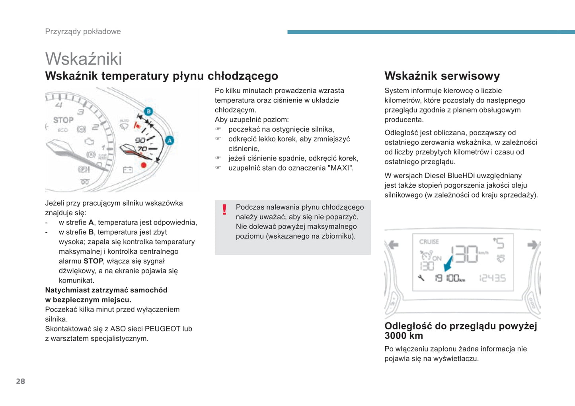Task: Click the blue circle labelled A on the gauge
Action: click(x=170, y=140)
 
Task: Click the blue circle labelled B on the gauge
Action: click(x=148, y=111)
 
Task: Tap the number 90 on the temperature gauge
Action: click(x=140, y=140)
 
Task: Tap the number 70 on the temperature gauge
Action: click(x=142, y=149)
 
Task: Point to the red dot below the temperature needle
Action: click(x=144, y=165)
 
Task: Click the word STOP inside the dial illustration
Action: click(x=63, y=120)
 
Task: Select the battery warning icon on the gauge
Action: click(x=127, y=170)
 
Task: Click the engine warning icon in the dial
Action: click(x=90, y=141)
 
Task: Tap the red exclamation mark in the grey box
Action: click(x=224, y=210)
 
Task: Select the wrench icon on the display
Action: click(x=421, y=278)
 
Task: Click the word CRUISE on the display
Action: click(x=429, y=241)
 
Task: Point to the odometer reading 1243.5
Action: click(x=493, y=278)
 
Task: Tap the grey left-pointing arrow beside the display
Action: click(x=394, y=245)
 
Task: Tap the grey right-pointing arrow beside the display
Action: click(x=532, y=245)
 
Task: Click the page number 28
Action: click(x=20, y=381)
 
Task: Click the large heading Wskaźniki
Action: click(x=84, y=59)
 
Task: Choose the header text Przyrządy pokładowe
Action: click(x=83, y=31)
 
